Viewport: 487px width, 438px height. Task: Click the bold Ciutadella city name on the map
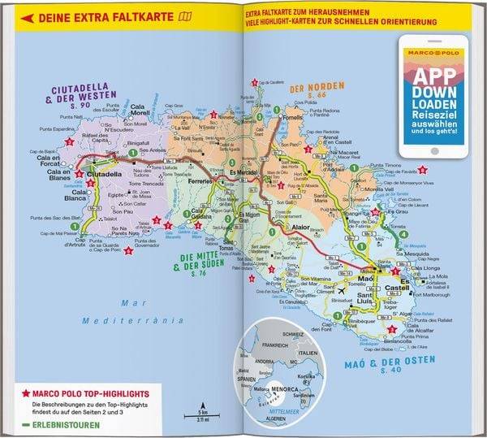pos(105,174)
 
